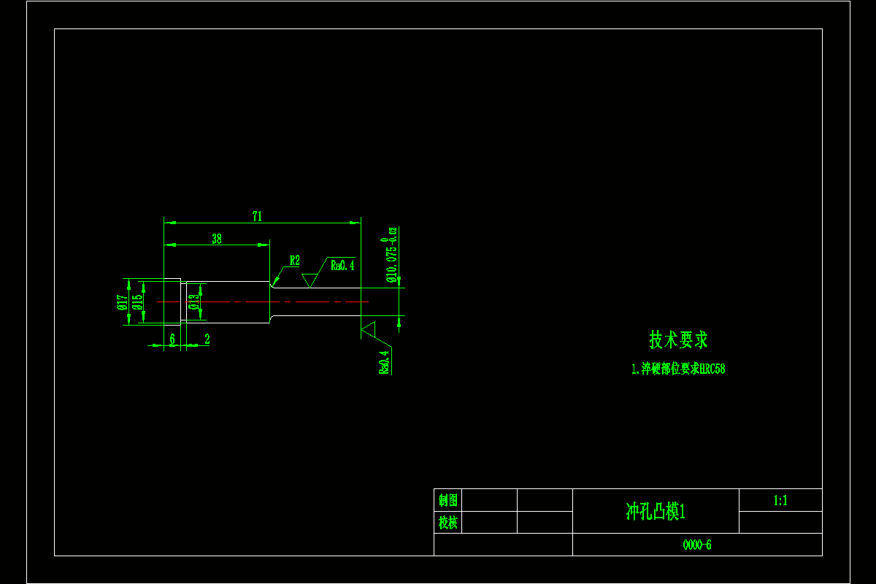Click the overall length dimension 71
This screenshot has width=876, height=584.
coord(257,216)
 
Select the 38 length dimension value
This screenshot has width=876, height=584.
coord(217,239)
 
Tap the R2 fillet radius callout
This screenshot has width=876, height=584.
coord(294,261)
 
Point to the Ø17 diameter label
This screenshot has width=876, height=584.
coord(122,301)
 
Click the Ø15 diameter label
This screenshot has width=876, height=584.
coord(137,301)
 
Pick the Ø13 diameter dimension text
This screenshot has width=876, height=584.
coord(193,301)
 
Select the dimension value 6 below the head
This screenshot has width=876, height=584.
coord(172,339)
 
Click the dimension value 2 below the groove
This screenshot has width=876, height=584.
coord(207,339)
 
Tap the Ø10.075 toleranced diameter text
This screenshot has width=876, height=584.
coord(392,255)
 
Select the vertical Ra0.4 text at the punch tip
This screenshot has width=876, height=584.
coord(384,362)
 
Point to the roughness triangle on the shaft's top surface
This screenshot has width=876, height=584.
coord(310,280)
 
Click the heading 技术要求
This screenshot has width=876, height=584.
coord(678,339)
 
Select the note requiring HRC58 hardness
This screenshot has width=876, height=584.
coord(678,369)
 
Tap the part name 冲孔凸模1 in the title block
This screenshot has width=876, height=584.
coord(656,512)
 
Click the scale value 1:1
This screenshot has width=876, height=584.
coord(780,501)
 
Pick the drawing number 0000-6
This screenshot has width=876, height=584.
coord(696,545)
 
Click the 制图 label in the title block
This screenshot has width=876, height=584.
coord(448,501)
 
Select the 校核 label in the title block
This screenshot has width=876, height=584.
coord(448,523)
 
